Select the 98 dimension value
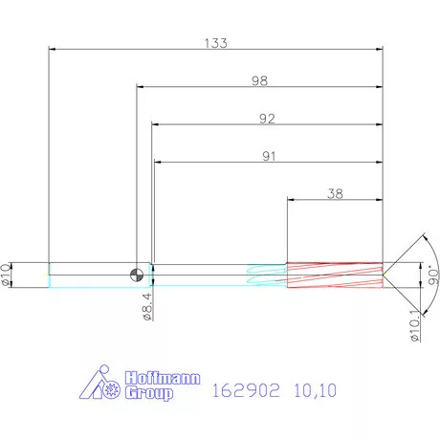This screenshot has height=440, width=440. [259, 81]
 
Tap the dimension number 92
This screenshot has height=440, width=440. [267, 119]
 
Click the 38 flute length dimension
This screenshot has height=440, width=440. [335, 193]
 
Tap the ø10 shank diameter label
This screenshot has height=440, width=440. [9, 275]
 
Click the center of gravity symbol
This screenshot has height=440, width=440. [141, 275]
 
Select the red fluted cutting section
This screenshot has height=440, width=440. [334, 275]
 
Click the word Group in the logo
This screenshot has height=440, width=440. [149, 393]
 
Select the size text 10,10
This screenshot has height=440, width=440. [317, 390]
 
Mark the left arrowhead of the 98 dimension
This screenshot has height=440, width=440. [141, 88]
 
